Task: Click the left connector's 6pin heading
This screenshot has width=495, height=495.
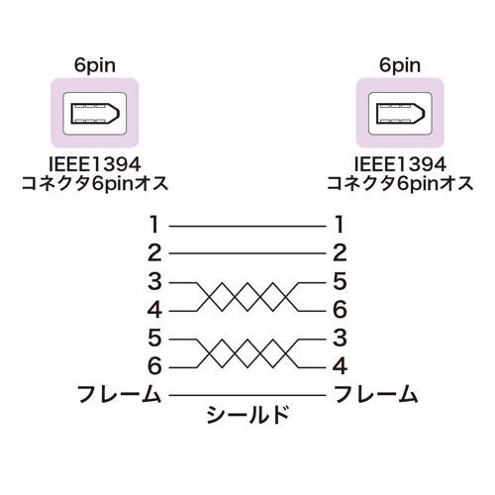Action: click(x=95, y=65)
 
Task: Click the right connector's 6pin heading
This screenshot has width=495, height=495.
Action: click(x=400, y=65)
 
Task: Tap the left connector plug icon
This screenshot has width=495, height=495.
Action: click(x=95, y=113)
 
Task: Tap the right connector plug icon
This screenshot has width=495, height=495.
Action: click(x=400, y=113)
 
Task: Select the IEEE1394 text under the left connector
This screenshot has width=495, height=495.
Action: click(x=95, y=164)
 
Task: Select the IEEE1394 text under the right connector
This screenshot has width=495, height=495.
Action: click(x=400, y=164)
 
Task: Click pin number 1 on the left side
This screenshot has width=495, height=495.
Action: click(x=154, y=225)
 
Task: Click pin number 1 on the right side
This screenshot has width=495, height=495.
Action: click(x=339, y=225)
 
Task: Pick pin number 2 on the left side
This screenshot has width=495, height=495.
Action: click(x=154, y=252)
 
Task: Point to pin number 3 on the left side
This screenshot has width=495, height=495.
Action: click(x=154, y=281)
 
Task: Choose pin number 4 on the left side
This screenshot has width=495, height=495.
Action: click(x=154, y=310)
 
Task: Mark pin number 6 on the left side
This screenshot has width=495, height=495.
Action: click(x=154, y=366)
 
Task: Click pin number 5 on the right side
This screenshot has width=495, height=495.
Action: click(x=340, y=281)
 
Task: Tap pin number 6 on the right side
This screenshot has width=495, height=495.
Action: click(x=340, y=310)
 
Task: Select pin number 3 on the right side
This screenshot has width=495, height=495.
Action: click(x=340, y=338)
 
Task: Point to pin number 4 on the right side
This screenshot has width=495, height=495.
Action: click(x=340, y=366)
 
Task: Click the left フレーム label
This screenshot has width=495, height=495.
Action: click(x=119, y=394)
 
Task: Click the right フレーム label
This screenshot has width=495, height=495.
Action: click(x=376, y=394)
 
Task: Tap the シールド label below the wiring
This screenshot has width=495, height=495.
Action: click(x=247, y=415)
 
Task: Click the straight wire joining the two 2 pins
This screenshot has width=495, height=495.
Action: click(x=247, y=253)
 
